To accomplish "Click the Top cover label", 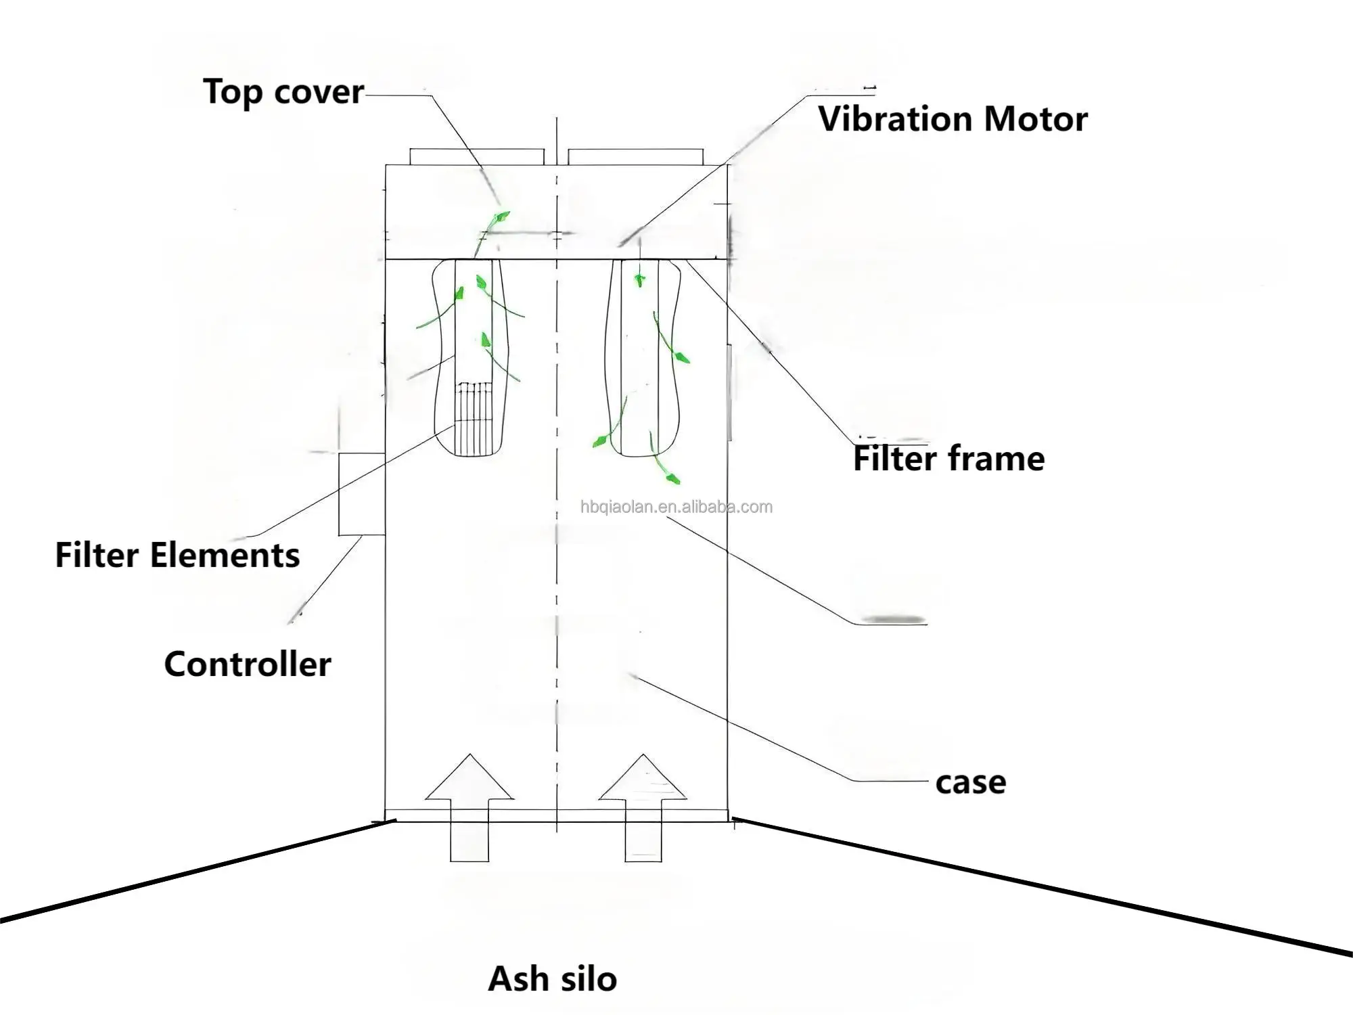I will click(283, 92).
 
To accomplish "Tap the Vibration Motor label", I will click(953, 119).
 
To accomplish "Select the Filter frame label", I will click(948, 459).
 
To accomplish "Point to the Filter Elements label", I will click(177, 556).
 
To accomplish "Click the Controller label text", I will click(248, 664).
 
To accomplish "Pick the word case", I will click(971, 783).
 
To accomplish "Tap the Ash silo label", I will click(552, 979).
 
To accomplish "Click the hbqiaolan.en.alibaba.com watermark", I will click(676, 507).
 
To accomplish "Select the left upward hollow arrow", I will click(469, 805).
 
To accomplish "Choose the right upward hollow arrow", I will click(643, 805).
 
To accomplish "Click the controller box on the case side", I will click(361, 494).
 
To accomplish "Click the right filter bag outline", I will click(643, 359).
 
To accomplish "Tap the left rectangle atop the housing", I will click(476, 157).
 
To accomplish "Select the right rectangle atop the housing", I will click(636, 157).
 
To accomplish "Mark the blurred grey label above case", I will click(893, 619).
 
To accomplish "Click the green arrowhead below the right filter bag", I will click(671, 478).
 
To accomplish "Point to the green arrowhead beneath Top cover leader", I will click(501, 217).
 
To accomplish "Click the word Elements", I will click(225, 556).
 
